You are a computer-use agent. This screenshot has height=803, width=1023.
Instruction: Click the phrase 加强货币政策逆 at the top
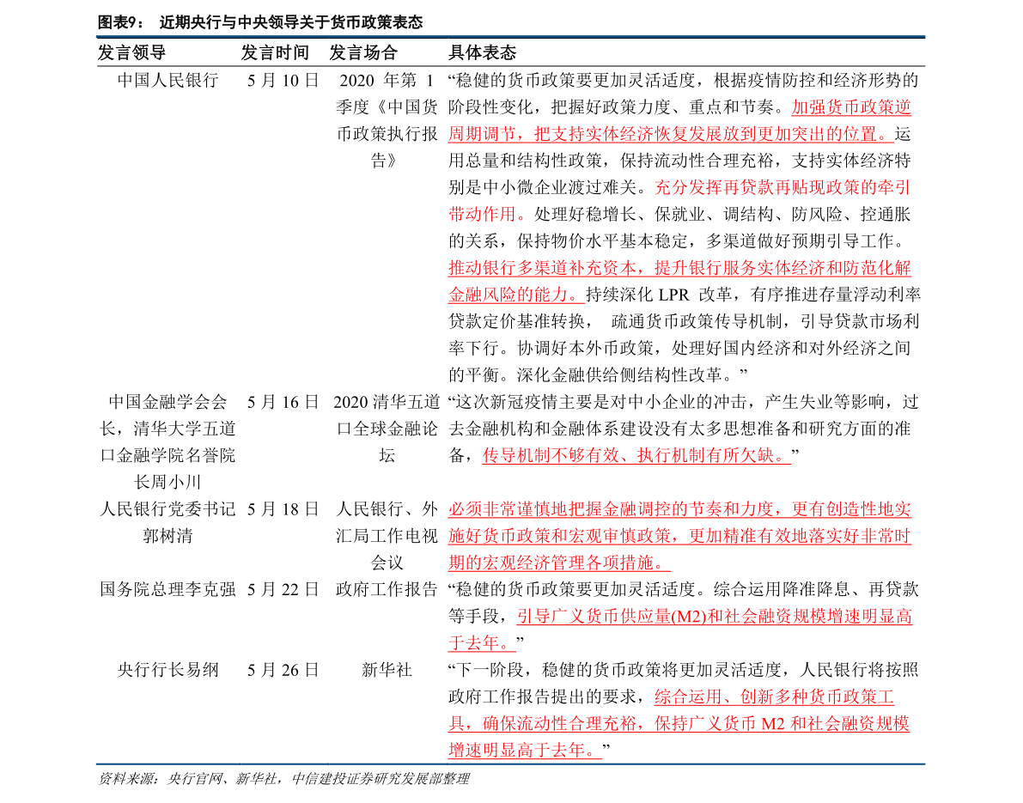850,108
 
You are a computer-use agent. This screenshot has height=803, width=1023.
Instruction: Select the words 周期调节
482,135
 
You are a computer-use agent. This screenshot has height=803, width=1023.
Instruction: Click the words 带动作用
482,215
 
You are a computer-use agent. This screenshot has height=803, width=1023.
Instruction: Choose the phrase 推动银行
482,268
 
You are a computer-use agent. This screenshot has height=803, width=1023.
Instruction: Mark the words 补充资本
602,268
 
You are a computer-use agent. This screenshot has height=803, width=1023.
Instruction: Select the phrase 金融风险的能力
508,295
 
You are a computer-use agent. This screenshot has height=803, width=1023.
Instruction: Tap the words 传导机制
516,456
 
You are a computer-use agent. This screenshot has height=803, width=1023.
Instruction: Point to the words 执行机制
671,456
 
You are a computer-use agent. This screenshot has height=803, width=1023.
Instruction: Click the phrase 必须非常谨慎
499,509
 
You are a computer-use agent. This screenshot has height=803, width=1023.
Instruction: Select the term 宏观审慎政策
628,537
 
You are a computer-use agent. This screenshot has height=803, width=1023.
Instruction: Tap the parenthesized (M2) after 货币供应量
688,617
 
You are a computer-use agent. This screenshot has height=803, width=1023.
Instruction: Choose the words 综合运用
688,697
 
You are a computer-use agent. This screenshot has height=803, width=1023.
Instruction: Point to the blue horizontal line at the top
510,37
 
